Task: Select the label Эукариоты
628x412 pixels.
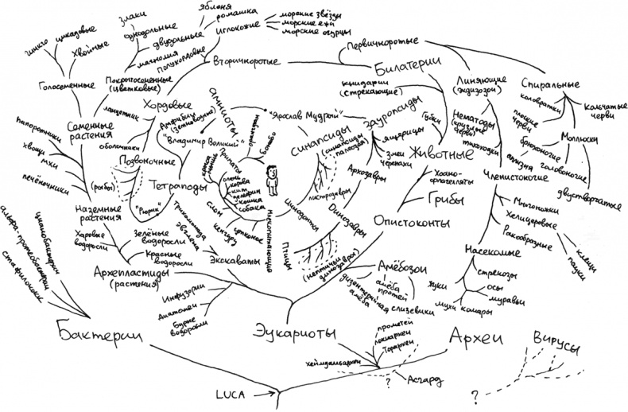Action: (297, 332)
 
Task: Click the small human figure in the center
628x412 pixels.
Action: (271, 180)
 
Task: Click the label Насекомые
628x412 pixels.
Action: (488, 253)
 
